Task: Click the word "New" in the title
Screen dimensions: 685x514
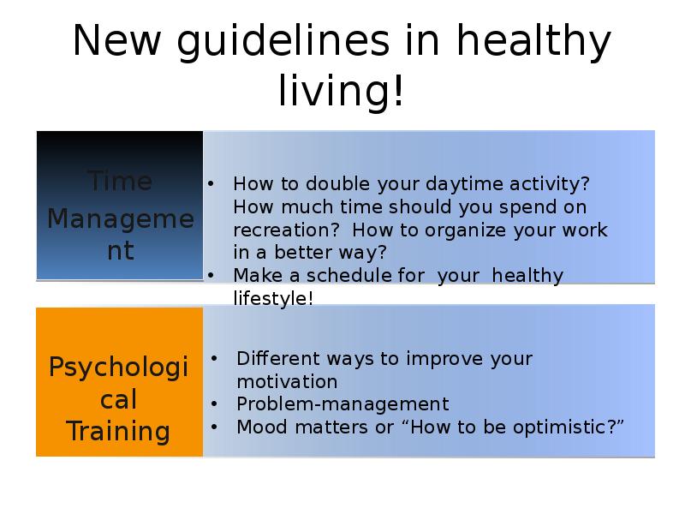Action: pyautogui.click(x=116, y=40)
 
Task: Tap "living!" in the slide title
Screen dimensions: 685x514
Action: pyautogui.click(x=341, y=91)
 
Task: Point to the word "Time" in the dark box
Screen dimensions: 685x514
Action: pyautogui.click(x=120, y=181)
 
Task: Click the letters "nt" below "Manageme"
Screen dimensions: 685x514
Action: pyautogui.click(x=121, y=251)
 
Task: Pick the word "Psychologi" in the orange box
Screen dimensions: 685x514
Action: pyautogui.click(x=118, y=368)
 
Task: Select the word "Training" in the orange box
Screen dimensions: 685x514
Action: pyautogui.click(x=118, y=432)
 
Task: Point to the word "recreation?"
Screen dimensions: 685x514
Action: pyautogui.click(x=286, y=230)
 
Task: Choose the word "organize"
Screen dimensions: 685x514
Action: pyautogui.click(x=465, y=230)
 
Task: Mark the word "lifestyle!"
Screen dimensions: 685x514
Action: pyautogui.click(x=273, y=298)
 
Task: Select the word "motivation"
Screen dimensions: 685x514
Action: pyautogui.click(x=287, y=381)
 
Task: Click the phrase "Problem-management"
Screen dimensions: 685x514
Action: pyautogui.click(x=343, y=404)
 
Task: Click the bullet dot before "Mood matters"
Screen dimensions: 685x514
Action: pyautogui.click(x=214, y=427)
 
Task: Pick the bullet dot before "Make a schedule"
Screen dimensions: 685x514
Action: pyautogui.click(x=211, y=275)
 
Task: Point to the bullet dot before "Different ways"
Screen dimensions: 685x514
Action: pyautogui.click(x=214, y=358)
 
